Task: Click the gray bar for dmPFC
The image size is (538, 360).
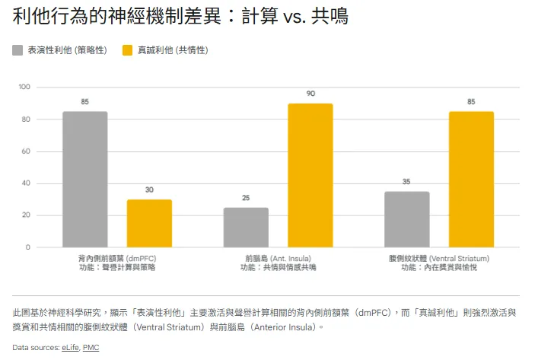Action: (84, 179)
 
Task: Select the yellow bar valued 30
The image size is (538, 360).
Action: (149, 223)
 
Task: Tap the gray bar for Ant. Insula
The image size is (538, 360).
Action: (246, 227)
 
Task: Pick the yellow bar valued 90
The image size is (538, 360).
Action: (310, 175)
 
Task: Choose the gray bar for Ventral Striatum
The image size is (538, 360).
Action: (406, 219)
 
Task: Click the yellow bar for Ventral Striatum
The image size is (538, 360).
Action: (471, 179)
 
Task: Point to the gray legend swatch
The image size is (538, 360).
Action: (18, 50)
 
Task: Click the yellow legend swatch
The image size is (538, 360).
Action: (128, 50)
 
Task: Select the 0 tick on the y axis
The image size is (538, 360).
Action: (27, 247)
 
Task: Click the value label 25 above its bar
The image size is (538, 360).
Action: (246, 198)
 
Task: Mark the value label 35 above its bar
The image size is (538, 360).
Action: (406, 182)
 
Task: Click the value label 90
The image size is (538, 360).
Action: (310, 94)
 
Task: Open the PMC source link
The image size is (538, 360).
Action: (91, 348)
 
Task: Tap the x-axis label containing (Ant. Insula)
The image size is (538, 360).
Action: (278, 258)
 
